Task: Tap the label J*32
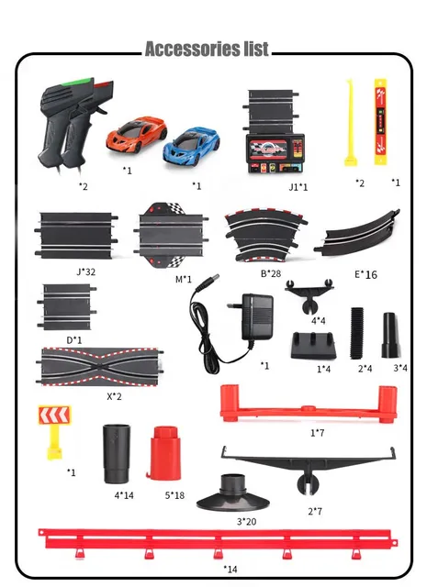click(x=85, y=271)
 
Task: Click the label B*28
click(x=271, y=273)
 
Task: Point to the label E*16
click(x=365, y=275)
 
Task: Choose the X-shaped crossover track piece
click(x=100, y=367)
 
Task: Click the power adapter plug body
click(x=257, y=316)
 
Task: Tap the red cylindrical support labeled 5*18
click(x=163, y=452)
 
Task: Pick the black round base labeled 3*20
click(x=233, y=493)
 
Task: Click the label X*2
click(x=114, y=396)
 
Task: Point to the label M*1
click(x=184, y=279)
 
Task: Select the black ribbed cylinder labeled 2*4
click(x=357, y=333)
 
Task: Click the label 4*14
click(x=124, y=495)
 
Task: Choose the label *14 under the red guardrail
click(x=230, y=569)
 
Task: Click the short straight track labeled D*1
click(x=67, y=307)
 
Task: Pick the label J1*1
click(x=298, y=187)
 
